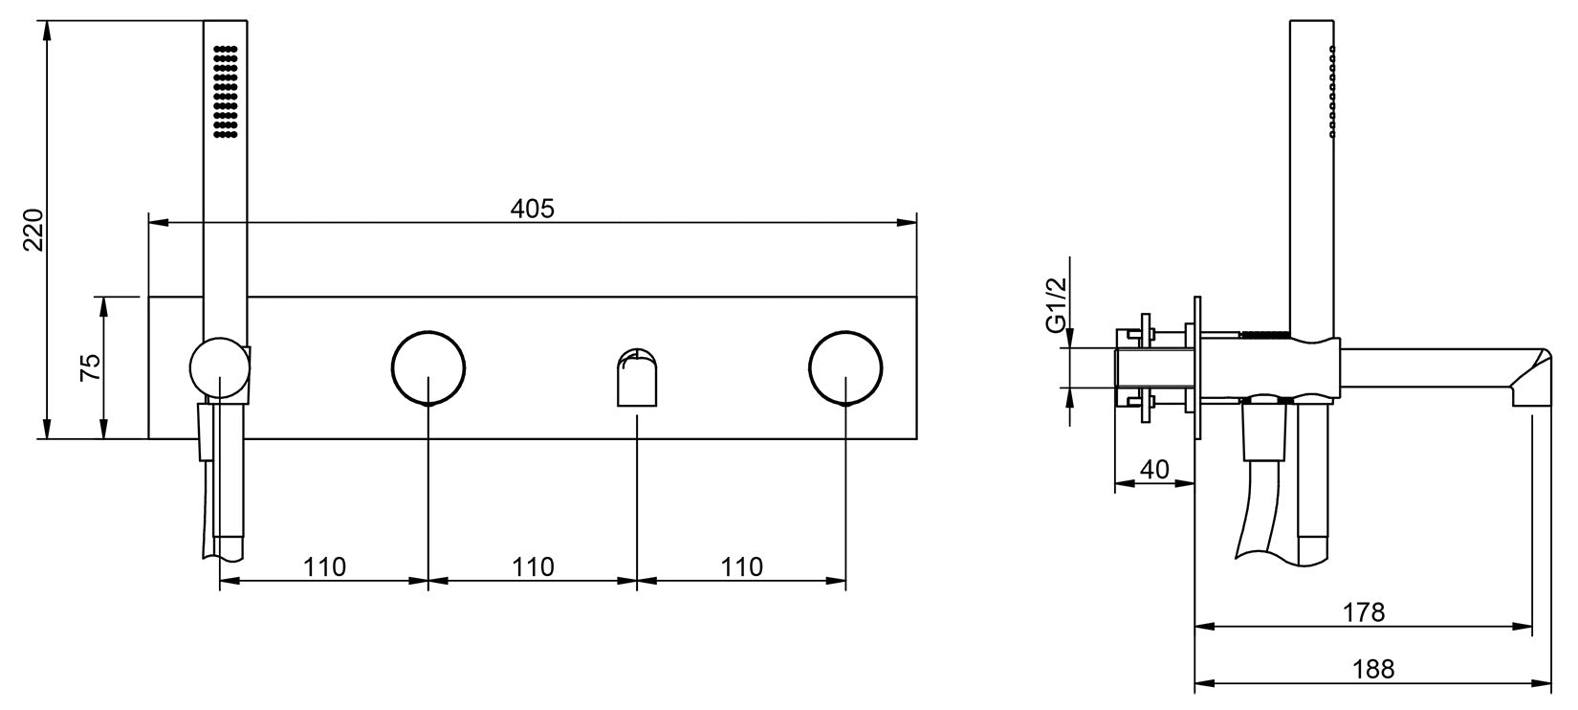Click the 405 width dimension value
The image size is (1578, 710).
click(532, 208)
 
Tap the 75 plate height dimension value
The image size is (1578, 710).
click(89, 367)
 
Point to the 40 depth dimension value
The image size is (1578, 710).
click(1155, 469)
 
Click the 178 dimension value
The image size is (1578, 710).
click(1364, 611)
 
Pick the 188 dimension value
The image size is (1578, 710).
click(1372, 668)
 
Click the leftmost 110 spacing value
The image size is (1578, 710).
click(324, 566)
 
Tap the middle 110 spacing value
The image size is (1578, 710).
click(533, 566)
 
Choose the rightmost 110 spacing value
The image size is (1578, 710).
click(742, 566)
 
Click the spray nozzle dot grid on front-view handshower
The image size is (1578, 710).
click(225, 92)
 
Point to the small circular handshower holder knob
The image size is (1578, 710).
click(219, 367)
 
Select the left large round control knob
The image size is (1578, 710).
click(428, 367)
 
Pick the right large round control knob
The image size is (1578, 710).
click(845, 367)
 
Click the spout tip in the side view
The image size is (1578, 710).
click(1530, 383)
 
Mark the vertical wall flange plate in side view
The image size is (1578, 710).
click(1194, 367)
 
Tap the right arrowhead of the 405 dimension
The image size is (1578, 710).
click(909, 223)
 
